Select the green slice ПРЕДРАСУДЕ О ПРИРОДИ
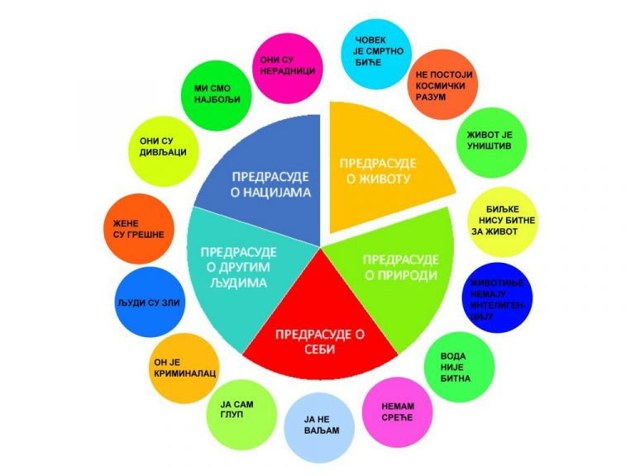[x=397, y=269]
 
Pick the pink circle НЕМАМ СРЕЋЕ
[x=399, y=411]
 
